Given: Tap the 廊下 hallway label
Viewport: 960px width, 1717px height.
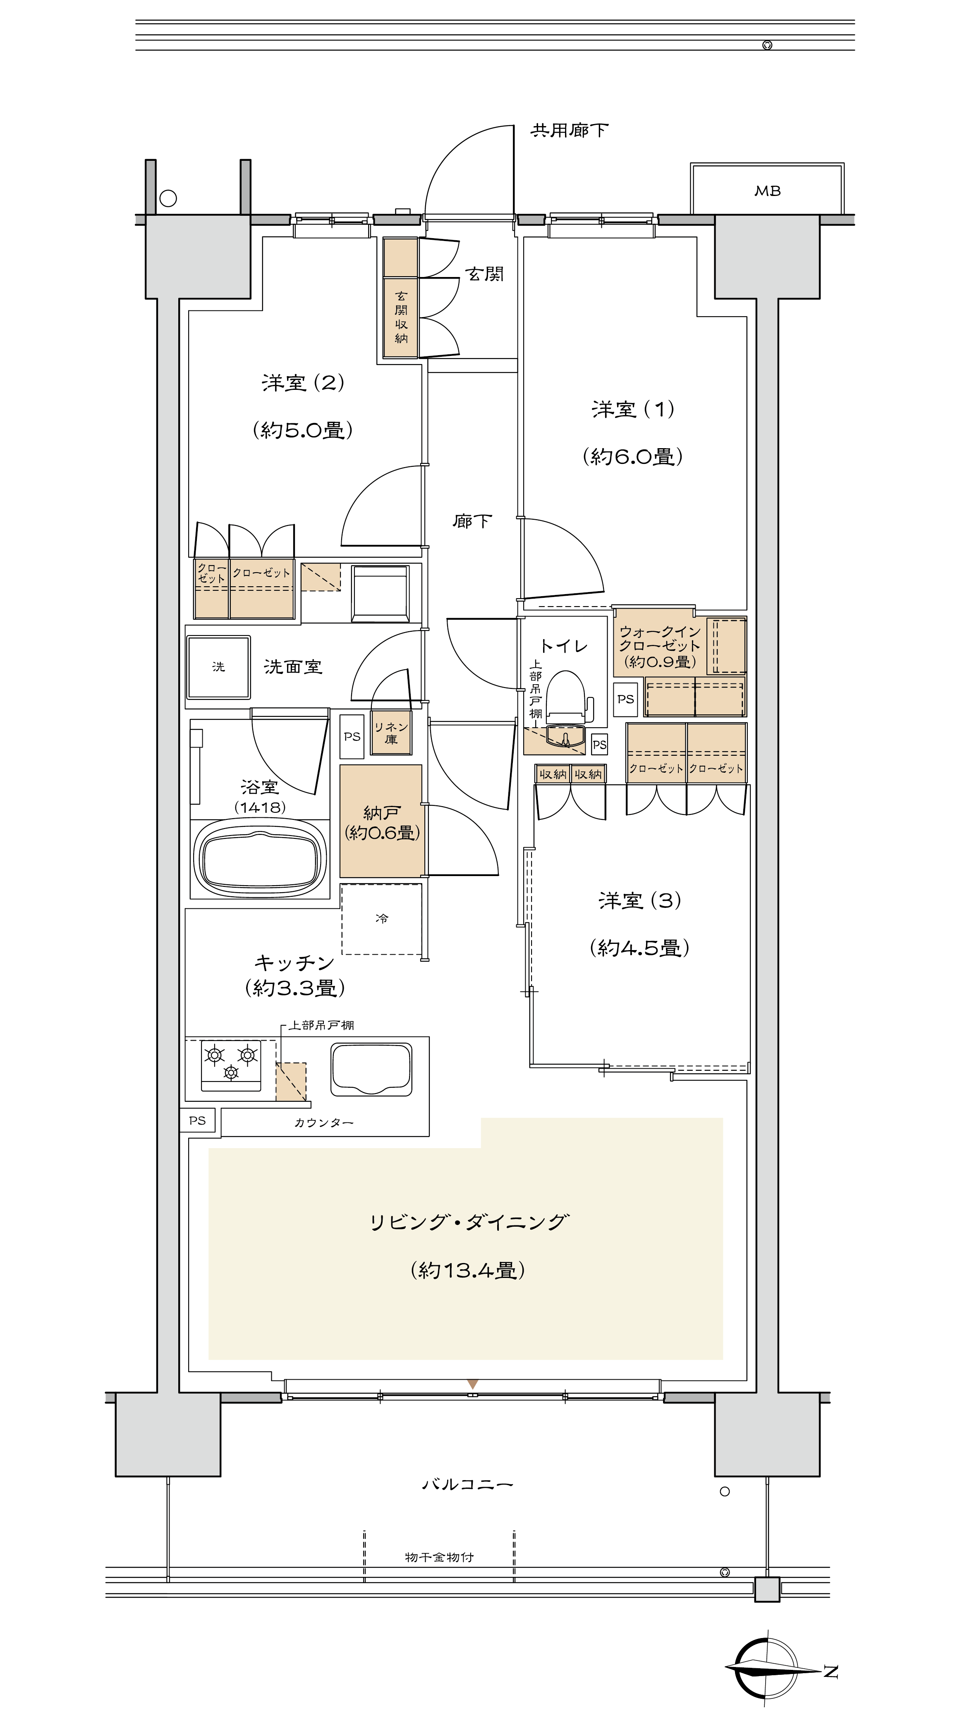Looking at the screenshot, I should point(472,521).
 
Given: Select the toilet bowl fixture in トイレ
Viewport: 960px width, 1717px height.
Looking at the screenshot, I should point(565,697).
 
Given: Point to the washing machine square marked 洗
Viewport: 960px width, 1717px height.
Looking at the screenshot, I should point(219,666).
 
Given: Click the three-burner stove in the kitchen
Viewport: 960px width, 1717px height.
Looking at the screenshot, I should point(231,1065).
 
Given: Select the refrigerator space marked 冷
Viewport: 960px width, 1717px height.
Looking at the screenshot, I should point(381,919).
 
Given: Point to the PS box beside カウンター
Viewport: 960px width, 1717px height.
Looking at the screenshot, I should point(197,1120).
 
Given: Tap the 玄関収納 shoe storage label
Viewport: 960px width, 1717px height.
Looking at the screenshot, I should point(401,317).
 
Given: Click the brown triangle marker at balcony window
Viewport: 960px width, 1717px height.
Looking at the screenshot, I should point(473,1385).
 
